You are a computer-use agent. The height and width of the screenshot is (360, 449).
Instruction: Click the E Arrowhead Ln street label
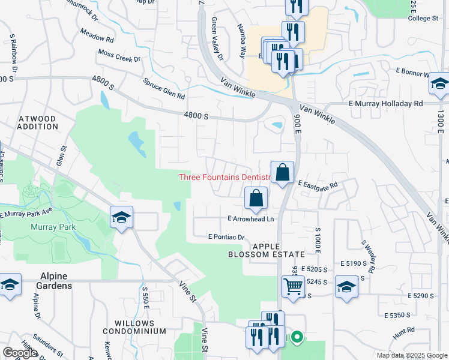(x=250, y=219)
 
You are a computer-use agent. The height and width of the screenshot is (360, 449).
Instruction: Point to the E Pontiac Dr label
(x=226, y=237)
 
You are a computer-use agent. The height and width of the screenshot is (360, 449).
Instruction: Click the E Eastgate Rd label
(x=318, y=185)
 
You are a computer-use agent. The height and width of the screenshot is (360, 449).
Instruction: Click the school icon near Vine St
(x=121, y=218)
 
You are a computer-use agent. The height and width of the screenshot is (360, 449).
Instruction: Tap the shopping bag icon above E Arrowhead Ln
(x=256, y=198)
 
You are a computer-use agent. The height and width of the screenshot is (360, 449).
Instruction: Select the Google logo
(x=20, y=353)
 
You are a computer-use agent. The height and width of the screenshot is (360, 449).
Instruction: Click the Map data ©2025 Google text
(x=411, y=355)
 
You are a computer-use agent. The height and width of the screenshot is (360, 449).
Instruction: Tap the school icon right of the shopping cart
(x=346, y=286)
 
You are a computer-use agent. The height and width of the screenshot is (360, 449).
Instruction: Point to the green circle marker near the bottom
(x=297, y=338)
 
